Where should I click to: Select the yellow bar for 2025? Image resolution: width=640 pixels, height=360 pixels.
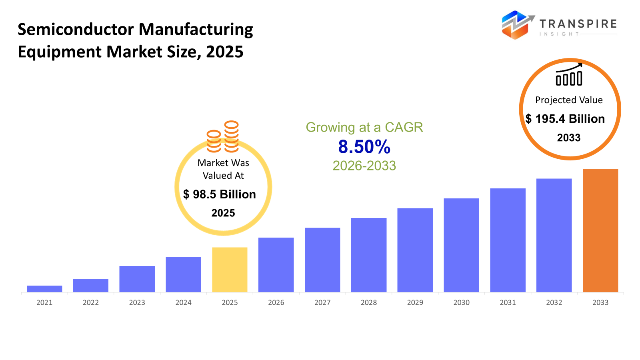click(230, 270)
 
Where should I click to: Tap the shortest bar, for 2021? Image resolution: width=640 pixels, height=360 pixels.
click(44, 289)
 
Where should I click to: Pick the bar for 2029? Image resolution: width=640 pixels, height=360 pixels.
click(415, 250)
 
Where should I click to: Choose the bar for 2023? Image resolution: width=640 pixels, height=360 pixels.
click(137, 279)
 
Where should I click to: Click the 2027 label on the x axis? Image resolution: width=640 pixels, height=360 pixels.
click(322, 303)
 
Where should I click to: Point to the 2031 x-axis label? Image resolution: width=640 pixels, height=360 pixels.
click(508, 303)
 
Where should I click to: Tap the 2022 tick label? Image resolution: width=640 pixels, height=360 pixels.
click(91, 303)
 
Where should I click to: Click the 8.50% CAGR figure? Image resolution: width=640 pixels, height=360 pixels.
click(364, 147)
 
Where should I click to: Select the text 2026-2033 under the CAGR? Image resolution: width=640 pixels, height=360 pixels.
click(364, 166)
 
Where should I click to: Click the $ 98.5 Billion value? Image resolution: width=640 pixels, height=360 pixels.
click(220, 194)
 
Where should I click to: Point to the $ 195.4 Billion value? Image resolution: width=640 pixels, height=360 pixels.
click(565, 119)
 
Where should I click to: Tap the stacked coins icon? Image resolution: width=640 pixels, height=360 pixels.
click(223, 137)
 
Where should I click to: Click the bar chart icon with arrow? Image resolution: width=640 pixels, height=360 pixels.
click(569, 75)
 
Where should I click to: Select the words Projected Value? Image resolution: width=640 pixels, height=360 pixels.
click(569, 100)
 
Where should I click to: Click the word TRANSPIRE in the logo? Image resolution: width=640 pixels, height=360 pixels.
click(578, 24)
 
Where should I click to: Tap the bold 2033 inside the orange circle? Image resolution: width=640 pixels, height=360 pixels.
click(569, 138)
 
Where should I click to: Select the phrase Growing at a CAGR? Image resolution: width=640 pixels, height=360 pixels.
click(364, 127)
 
